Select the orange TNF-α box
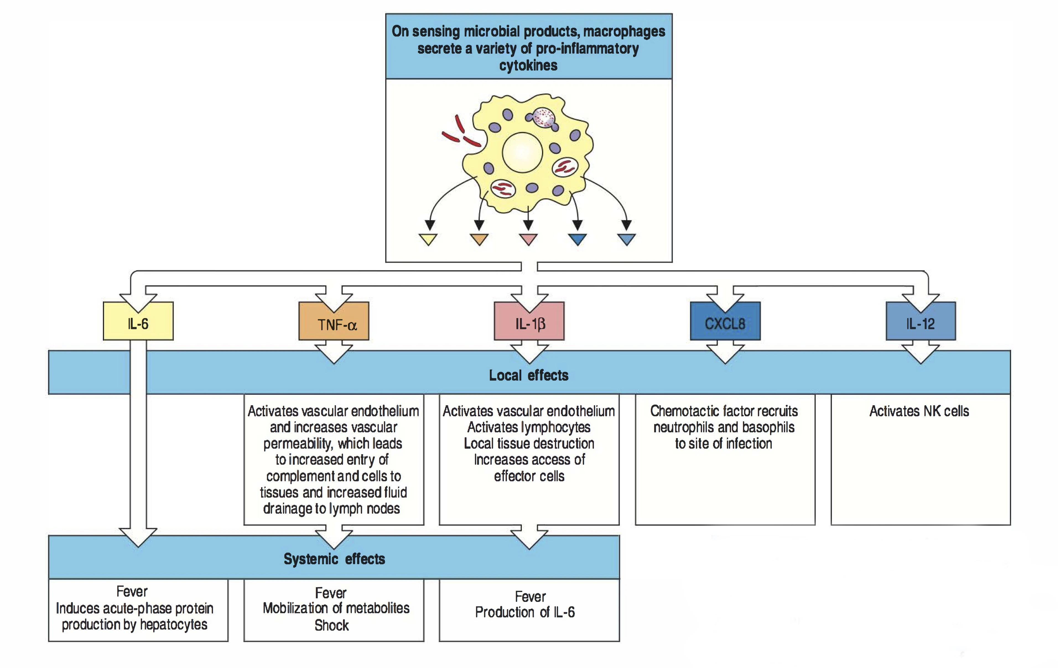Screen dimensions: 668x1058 tap(334, 324)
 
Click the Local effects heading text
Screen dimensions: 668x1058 tap(529, 375)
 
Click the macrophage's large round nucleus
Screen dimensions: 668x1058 tap(522, 152)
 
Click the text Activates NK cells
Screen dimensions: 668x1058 tap(919, 411)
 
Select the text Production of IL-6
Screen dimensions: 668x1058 tap(525, 612)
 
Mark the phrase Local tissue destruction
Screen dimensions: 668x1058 tap(529, 443)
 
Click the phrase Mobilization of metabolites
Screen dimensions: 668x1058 tap(336, 608)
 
